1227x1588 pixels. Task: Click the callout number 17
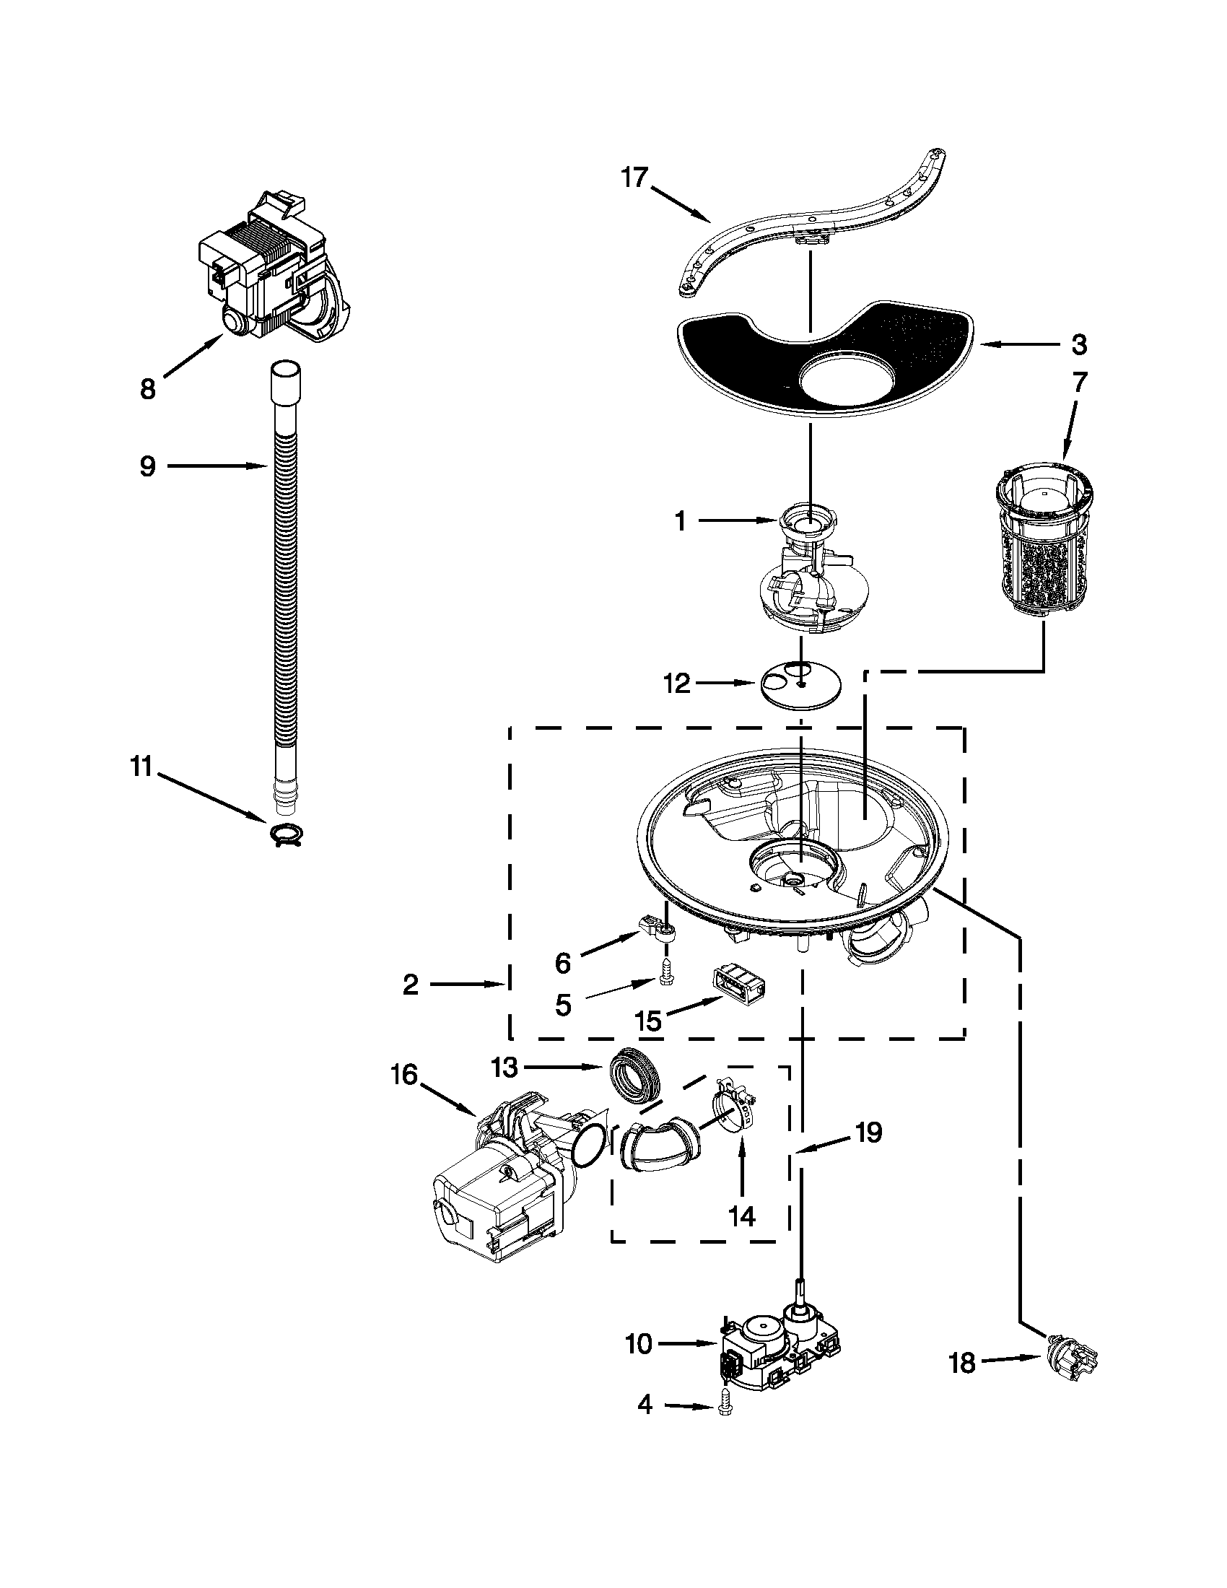tap(634, 177)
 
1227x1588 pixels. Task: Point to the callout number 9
tap(147, 466)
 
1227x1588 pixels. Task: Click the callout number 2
tap(411, 985)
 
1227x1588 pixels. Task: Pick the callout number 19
tap(868, 1133)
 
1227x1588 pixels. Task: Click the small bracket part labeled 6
tap(658, 928)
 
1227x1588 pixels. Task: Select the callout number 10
tap(639, 1345)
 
